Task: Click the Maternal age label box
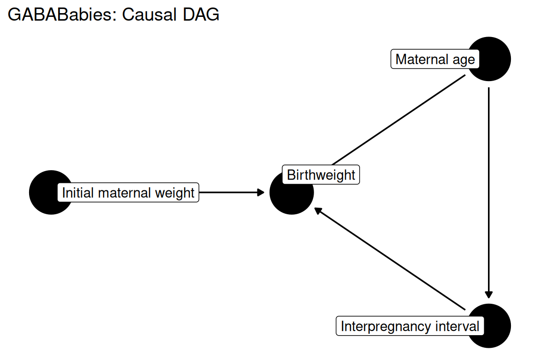pos(435,59)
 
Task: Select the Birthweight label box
pos(321,175)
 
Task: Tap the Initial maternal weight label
pos(128,193)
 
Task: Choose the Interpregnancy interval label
pos(410,326)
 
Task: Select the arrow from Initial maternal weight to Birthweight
pos(232,192)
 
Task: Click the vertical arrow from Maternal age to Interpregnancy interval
pos(489,193)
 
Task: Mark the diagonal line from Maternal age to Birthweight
pos(398,120)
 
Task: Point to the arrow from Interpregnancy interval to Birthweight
pos(390,259)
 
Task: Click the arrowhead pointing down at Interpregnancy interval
pos(489,294)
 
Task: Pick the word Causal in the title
pos(150,15)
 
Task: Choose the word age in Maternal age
pos(464,60)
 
